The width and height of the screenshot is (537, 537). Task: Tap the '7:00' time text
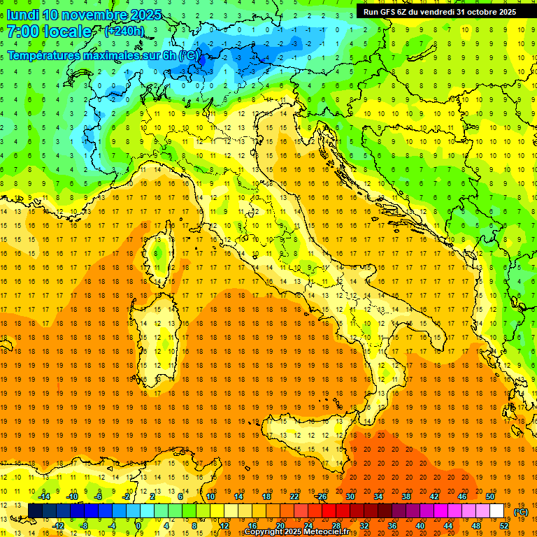tap(24, 31)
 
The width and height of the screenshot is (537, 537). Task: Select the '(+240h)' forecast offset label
tap(124, 31)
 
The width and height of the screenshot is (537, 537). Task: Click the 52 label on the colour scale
tap(504, 526)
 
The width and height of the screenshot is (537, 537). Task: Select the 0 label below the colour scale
tap(139, 526)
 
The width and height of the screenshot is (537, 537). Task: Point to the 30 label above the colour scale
tap(350, 496)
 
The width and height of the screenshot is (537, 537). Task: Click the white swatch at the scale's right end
tap(497, 511)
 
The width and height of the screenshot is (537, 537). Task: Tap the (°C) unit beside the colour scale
tap(521, 512)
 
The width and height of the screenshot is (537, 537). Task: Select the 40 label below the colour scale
tap(420, 526)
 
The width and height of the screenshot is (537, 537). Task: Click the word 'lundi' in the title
tap(20, 15)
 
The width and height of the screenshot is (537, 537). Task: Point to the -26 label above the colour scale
tap(321, 496)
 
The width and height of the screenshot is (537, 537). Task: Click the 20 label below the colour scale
tap(280, 526)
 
